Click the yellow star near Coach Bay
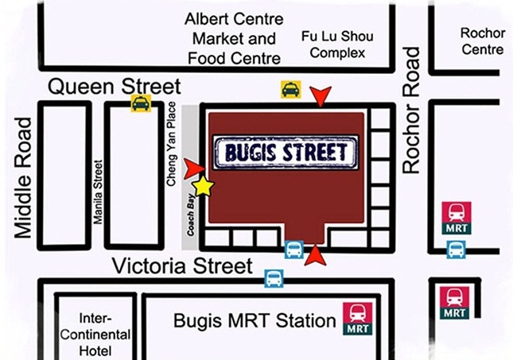(x=204, y=186)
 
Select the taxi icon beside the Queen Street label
(x=141, y=103)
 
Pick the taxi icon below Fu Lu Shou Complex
(x=290, y=90)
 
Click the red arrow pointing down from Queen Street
(x=321, y=96)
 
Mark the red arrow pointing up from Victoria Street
(x=316, y=255)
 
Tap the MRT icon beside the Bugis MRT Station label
(x=357, y=318)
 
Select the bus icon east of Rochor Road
(x=456, y=250)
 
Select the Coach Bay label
(x=190, y=214)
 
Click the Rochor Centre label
(x=483, y=41)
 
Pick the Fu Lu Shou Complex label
(x=336, y=45)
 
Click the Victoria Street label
(x=182, y=266)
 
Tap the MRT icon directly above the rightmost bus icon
(x=457, y=218)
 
